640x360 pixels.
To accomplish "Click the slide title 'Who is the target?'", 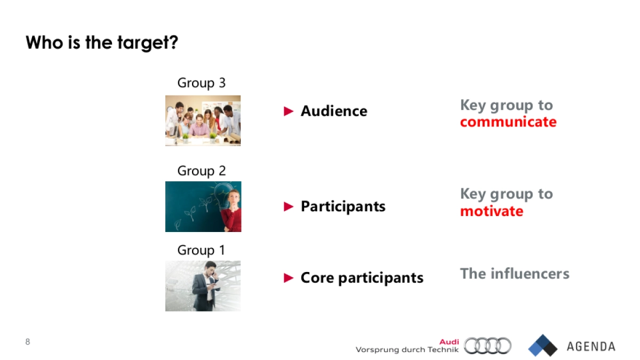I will (101, 43).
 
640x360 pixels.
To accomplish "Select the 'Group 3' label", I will (201, 83).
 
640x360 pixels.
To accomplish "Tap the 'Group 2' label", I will (201, 171).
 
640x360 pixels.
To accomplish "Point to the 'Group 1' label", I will (201, 250).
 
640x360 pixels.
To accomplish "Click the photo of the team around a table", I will (203, 121).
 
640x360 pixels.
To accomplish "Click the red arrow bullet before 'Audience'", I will (289, 111).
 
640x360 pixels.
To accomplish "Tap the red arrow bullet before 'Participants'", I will (289, 206).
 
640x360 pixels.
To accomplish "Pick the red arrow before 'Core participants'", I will (289, 277).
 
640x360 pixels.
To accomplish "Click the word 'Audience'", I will (334, 111).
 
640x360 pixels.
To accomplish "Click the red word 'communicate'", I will (508, 122).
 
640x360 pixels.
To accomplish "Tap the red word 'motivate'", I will (491, 211).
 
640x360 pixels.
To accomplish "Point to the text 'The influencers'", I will (514, 274).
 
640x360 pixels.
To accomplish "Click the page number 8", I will (28, 341).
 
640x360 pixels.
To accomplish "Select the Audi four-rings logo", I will (487, 346).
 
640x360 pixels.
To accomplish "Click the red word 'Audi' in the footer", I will (449, 342).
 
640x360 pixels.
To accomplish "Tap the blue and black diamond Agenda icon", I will (542, 346).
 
